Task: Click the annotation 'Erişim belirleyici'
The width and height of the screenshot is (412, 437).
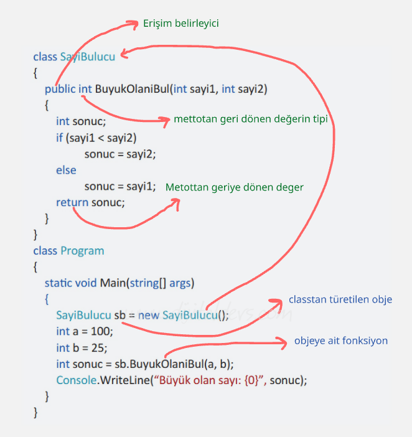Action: tap(180, 23)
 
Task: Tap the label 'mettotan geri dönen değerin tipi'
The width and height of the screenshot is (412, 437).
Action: tap(250, 119)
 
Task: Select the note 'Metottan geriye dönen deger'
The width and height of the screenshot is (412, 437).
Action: tap(234, 187)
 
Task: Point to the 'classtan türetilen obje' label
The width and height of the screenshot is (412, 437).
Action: tap(340, 299)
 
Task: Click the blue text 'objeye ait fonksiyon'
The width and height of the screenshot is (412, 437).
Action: tap(341, 341)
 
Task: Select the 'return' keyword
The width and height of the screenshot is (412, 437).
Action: tap(72, 202)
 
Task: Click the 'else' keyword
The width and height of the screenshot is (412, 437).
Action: tap(66, 170)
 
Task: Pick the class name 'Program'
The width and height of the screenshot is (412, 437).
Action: tap(82, 251)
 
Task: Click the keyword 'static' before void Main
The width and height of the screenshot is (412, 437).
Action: tap(59, 283)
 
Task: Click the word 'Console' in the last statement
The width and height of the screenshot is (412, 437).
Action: tap(75, 380)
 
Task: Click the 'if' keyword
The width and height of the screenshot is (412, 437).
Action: tap(59, 138)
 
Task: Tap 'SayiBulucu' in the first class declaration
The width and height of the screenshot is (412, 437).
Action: tap(87, 57)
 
